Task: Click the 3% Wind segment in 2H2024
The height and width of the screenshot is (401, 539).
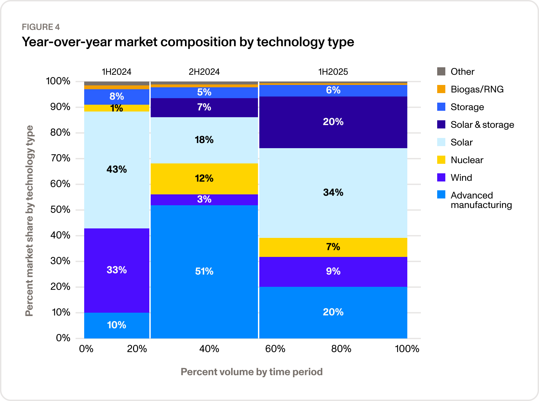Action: pyautogui.click(x=204, y=200)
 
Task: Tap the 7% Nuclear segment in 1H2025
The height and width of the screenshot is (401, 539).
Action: pyautogui.click(x=333, y=247)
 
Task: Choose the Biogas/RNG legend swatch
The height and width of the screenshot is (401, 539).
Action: pyautogui.click(x=441, y=89)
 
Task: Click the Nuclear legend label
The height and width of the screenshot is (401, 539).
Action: pyautogui.click(x=467, y=160)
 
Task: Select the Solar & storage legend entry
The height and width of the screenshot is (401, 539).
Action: pyautogui.click(x=482, y=125)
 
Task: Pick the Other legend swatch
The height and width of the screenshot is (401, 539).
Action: pyautogui.click(x=441, y=71)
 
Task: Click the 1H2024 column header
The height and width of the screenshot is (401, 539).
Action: pyautogui.click(x=116, y=72)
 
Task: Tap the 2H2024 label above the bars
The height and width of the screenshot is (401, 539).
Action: pyautogui.click(x=204, y=72)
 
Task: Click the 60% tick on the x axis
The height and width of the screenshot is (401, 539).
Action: pyautogui.click(x=275, y=349)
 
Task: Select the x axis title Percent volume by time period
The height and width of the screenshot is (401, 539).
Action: pyautogui.click(x=252, y=372)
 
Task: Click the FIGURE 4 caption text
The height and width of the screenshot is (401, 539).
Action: pyautogui.click(x=41, y=27)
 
